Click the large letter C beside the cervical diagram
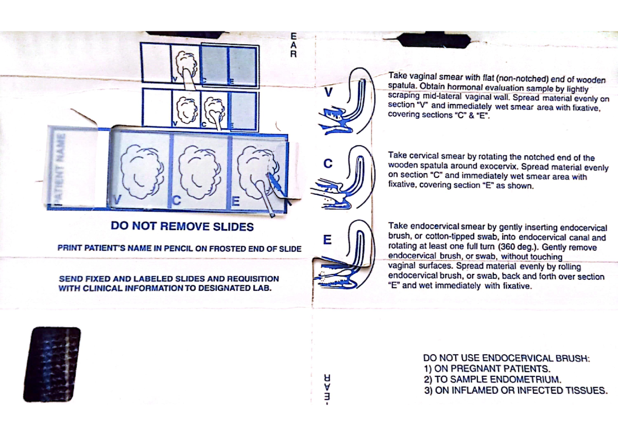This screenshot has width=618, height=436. (328, 164)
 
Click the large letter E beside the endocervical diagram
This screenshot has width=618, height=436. (327, 240)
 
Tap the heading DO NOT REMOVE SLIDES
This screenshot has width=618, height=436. (182, 227)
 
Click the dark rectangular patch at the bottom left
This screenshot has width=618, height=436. (51, 364)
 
